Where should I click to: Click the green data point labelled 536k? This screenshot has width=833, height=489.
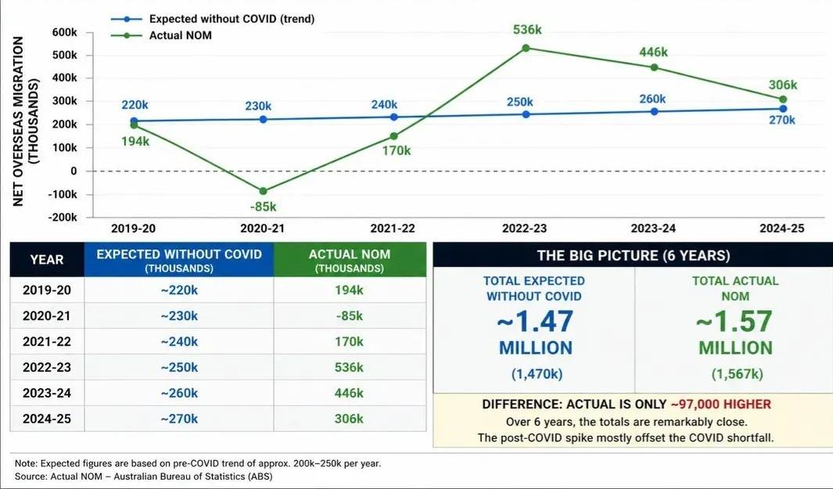click(526, 49)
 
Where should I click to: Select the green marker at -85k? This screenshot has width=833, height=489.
click(263, 191)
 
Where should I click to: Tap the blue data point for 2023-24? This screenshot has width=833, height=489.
click(654, 112)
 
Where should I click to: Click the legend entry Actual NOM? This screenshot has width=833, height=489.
click(161, 36)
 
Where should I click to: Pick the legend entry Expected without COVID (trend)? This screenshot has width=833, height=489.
click(213, 19)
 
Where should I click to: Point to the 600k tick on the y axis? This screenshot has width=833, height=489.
click(65, 32)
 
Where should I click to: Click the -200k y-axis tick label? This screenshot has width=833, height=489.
click(63, 218)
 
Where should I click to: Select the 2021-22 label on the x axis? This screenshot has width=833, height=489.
click(392, 228)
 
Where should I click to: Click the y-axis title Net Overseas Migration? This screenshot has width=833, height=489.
click(18, 121)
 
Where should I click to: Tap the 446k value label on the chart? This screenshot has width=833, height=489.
click(653, 52)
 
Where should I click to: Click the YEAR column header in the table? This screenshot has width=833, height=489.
click(47, 260)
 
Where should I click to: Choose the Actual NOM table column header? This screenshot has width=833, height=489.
click(350, 260)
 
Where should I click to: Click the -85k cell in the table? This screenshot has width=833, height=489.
click(349, 316)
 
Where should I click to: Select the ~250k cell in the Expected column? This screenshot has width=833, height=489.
click(179, 367)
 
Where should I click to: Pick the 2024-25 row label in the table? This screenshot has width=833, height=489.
click(47, 419)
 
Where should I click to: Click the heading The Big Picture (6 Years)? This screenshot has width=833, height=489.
click(634, 256)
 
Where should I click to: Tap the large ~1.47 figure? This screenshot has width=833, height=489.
click(535, 321)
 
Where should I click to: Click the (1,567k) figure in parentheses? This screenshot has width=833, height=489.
click(737, 374)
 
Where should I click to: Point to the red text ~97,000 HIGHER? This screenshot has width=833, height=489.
click(720, 404)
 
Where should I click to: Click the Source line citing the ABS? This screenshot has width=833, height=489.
click(143, 476)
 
